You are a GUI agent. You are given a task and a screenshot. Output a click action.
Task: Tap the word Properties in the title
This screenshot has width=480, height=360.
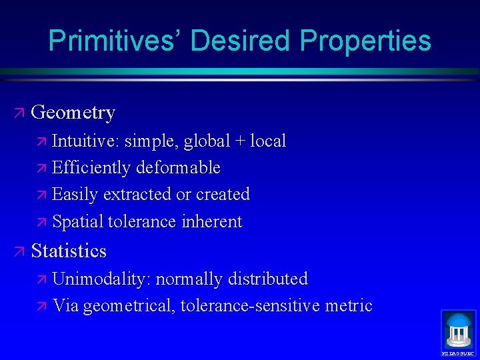(x=365, y=41)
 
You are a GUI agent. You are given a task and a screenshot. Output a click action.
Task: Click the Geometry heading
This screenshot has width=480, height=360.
(x=73, y=113)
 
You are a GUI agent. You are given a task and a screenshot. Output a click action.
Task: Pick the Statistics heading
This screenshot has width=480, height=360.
(x=69, y=251)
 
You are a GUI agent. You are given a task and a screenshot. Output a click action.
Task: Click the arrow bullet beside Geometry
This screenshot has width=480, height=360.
(x=19, y=113)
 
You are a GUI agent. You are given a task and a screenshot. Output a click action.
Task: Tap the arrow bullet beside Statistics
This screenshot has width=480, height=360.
(x=19, y=251)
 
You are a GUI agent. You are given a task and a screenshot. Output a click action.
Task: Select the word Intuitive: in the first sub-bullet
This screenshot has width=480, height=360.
(x=85, y=141)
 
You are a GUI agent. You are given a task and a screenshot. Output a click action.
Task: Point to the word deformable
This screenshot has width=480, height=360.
(x=178, y=168)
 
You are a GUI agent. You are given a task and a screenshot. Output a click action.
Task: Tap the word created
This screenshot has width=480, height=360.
(x=223, y=195)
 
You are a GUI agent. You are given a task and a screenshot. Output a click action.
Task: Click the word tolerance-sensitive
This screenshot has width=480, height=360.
(x=249, y=306)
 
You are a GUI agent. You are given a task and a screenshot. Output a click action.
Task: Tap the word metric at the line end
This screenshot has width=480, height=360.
(x=348, y=306)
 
